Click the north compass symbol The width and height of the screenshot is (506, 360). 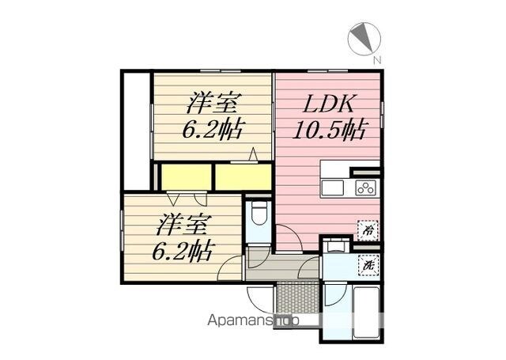pos(364,39)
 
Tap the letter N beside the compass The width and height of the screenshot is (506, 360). pos(377,60)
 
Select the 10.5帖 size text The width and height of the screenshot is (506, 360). pos(329,130)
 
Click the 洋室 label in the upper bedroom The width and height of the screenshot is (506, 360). pos(213,103)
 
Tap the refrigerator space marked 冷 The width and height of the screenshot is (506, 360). pos(368,230)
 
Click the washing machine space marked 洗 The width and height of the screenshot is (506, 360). pos(368,265)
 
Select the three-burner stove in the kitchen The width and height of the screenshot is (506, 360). pos(365,188)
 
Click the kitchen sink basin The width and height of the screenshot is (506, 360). pos(332,188)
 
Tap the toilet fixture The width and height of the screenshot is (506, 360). pos(259,213)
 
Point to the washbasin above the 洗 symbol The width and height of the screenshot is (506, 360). pos(336,245)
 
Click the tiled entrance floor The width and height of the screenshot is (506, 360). pos(298,297)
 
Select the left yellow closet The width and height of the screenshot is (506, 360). pos(187,177)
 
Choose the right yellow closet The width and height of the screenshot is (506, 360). pos(244,177)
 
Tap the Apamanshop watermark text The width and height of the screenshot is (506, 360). pos(253,320)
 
